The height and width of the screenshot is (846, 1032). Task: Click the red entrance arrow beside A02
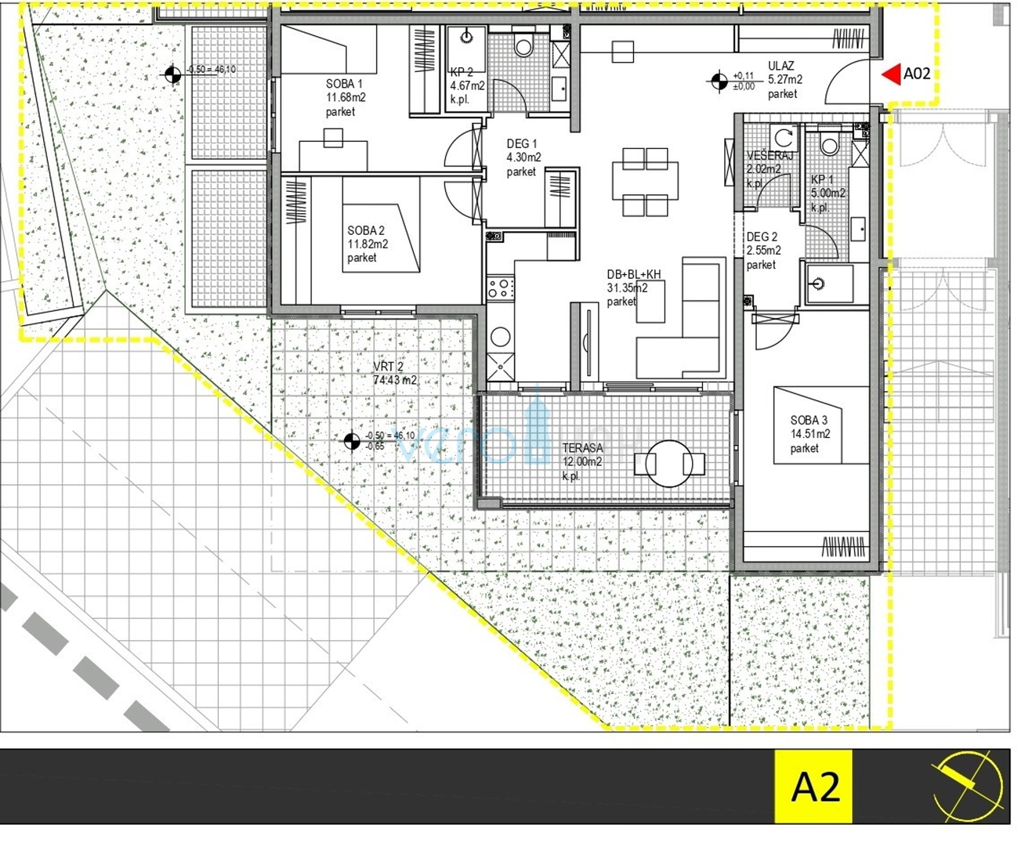pos(890,74)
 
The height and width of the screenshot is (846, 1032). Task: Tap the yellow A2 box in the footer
pos(815,786)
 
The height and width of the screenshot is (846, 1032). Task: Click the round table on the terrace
pos(669,463)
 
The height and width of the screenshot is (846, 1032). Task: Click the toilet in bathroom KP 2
pos(523,45)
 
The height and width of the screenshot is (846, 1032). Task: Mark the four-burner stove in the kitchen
pos(499,287)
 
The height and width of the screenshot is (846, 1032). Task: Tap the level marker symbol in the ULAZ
pos(719,81)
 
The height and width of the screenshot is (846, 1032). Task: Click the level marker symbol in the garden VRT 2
pos(353,441)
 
